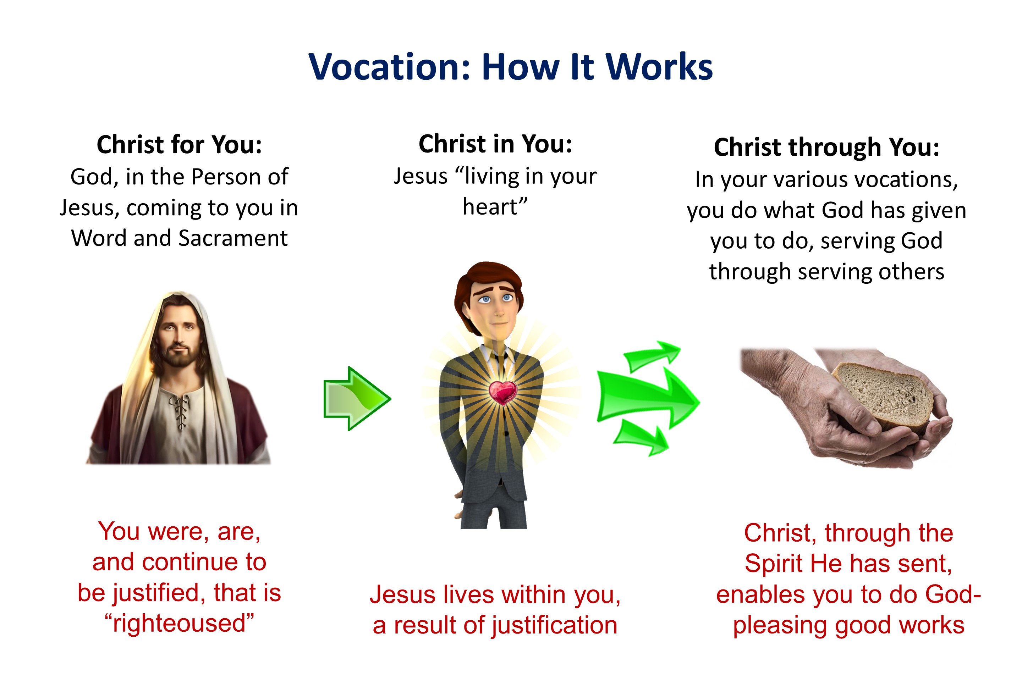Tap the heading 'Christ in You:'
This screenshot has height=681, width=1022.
click(495, 144)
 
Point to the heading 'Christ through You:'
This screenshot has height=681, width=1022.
click(826, 147)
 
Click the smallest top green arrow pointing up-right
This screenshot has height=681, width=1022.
click(652, 355)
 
